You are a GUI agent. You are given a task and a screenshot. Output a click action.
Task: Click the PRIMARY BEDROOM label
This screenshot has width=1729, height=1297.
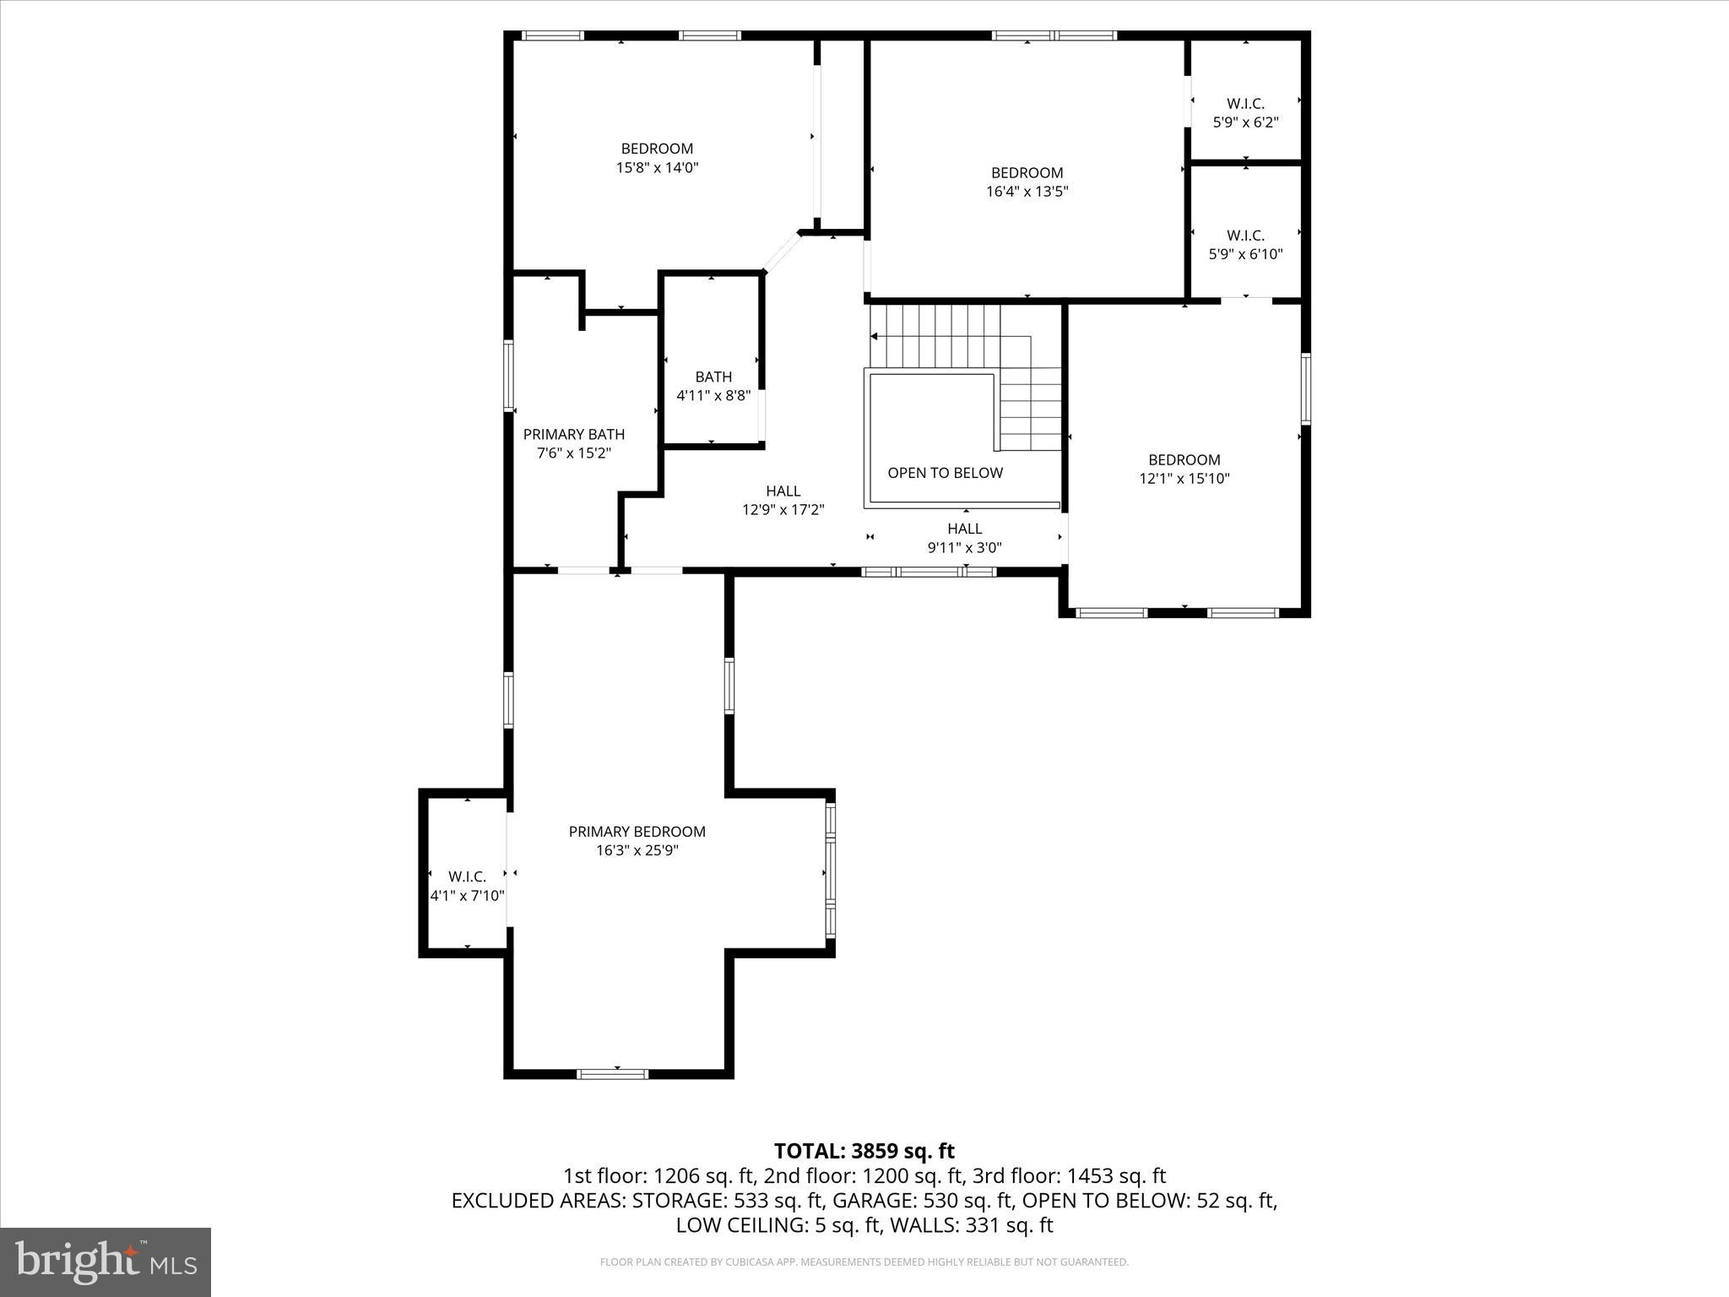tap(637, 832)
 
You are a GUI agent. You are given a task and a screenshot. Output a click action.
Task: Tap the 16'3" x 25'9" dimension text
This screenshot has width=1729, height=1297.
tap(637, 850)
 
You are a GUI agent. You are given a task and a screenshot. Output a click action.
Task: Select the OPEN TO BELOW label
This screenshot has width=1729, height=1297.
tap(945, 473)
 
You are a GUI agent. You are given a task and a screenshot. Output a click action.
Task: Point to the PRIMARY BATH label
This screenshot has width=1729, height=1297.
tap(574, 434)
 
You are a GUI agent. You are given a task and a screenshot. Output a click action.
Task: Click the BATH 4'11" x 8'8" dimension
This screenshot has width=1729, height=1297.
tap(713, 395)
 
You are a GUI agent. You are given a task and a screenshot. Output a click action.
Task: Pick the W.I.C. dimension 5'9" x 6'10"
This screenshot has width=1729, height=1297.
tap(1245, 254)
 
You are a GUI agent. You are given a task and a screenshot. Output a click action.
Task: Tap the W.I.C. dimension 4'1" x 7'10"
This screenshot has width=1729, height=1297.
tap(467, 896)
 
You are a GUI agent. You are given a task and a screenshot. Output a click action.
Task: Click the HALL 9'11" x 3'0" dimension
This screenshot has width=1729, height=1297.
tap(964, 547)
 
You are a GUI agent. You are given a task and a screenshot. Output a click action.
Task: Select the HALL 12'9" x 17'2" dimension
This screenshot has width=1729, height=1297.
tap(783, 510)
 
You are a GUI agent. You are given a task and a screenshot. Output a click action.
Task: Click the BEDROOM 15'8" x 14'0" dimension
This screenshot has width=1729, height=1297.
tap(657, 168)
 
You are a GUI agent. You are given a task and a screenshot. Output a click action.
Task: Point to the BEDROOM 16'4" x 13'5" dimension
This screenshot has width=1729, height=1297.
tap(1027, 192)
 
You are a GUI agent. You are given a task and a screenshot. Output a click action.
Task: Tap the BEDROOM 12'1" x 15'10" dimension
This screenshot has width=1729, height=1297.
tap(1184, 479)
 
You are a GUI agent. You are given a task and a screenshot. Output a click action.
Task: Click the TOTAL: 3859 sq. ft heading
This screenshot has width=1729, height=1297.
tap(864, 1151)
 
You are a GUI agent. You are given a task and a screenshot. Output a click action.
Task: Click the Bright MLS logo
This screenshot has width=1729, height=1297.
tap(106, 1262)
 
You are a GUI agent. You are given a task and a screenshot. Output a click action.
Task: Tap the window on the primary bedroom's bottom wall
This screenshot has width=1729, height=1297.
tap(612, 1074)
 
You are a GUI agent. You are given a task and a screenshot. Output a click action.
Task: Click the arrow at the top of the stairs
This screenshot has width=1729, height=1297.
tap(875, 337)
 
